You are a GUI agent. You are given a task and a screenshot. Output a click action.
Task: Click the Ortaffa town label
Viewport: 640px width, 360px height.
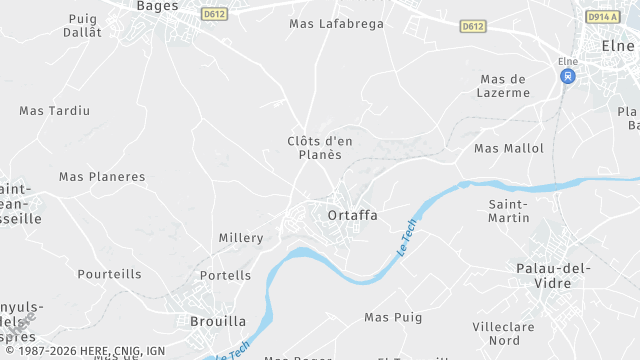(352, 214)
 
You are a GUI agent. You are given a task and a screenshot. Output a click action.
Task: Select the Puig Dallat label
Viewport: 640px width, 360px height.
(84, 25)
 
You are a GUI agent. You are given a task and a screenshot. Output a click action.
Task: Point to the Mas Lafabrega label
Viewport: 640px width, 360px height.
(336, 23)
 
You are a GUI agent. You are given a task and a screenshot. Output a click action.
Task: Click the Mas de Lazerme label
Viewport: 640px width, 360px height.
(505, 86)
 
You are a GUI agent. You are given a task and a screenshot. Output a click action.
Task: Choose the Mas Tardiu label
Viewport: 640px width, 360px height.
(55, 110)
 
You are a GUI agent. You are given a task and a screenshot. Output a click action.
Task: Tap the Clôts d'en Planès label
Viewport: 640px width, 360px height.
(320, 147)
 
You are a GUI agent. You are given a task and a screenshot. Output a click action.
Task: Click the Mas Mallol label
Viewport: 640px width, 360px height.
(509, 148)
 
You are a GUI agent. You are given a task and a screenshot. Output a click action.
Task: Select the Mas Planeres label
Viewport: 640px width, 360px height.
(102, 177)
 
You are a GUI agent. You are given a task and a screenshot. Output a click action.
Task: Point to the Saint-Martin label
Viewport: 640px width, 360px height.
(508, 211)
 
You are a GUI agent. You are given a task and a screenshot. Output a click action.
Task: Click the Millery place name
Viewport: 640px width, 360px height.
(241, 238)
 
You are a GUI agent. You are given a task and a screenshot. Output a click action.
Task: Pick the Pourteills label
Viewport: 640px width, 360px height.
(110, 274)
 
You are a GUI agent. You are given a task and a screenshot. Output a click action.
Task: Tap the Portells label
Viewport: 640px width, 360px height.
(225, 275)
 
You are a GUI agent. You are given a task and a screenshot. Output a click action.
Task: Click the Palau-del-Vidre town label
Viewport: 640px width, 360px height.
(554, 275)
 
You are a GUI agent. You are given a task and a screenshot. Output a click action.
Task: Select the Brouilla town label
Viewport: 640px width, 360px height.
(218, 321)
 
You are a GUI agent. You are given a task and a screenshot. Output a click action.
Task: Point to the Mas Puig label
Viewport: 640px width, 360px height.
(393, 317)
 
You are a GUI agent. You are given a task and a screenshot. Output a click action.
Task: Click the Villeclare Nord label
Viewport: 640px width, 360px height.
(503, 333)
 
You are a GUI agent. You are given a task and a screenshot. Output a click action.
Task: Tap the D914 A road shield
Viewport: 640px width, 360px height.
(601, 16)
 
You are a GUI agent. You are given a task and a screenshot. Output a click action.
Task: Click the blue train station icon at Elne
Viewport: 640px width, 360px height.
(568, 76)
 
